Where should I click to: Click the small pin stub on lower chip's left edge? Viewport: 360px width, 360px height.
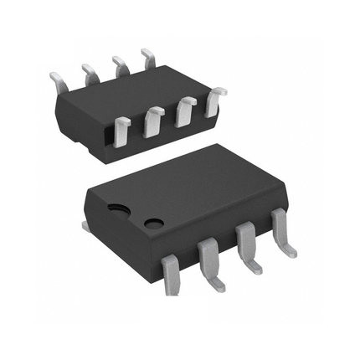[x=85, y=225]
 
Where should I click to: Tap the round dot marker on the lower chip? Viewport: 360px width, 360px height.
[x=154, y=223]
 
